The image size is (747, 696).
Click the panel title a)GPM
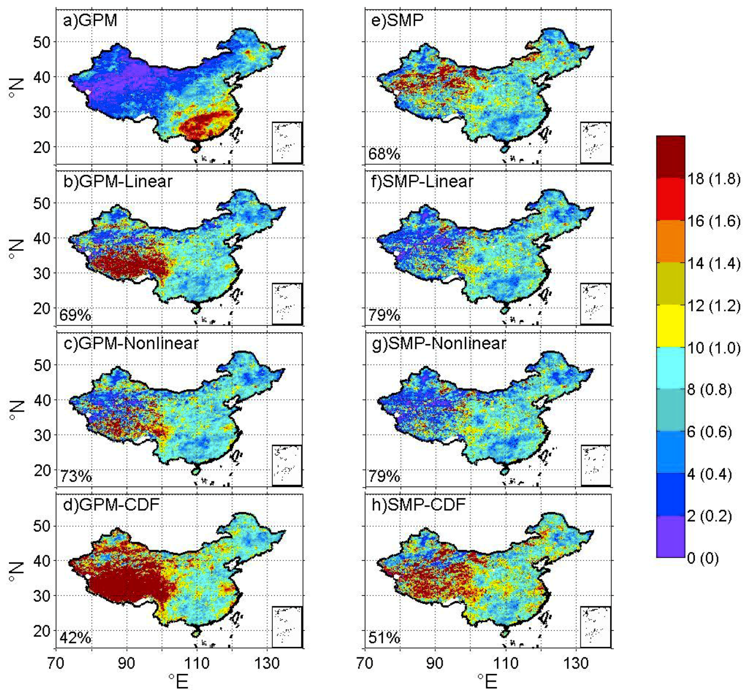(x=90, y=20)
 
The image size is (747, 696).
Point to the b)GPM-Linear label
(x=118, y=182)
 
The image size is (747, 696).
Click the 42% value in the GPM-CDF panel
(x=75, y=638)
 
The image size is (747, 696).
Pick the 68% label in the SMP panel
(x=384, y=154)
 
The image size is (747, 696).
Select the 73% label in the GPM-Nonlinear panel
(x=76, y=476)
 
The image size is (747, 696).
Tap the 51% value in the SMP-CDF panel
(x=384, y=638)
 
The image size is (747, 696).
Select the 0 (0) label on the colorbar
(x=703, y=558)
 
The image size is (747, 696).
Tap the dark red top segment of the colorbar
(x=670, y=157)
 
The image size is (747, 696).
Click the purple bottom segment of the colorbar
(x=670, y=536)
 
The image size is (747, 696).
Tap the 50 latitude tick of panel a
(x=42, y=42)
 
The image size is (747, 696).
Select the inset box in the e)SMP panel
(x=595, y=142)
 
